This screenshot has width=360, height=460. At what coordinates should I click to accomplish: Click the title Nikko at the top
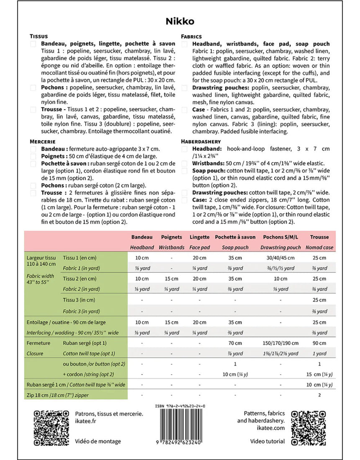tap(180, 21)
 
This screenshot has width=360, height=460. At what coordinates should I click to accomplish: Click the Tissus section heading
tap(39, 36)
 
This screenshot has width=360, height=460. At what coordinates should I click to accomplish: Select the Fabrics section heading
tap(191, 36)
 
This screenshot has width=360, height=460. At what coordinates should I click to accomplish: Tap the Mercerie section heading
tap(43, 142)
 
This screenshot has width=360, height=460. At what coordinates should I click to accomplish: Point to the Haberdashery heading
tap(201, 142)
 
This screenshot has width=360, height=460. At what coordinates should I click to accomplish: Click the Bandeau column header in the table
tap(142, 237)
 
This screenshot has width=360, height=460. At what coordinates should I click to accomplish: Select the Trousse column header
tap(319, 237)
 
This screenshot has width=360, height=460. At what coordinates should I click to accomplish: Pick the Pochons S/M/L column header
tap(280, 237)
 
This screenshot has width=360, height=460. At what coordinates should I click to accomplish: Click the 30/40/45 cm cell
tap(280, 258)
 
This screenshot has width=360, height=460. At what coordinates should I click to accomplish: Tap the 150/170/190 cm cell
tap(280, 343)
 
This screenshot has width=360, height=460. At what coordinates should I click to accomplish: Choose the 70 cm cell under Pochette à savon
tap(235, 343)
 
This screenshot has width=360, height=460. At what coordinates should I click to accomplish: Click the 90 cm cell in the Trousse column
tap(319, 343)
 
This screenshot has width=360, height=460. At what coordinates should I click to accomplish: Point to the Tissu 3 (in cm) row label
tap(79, 300)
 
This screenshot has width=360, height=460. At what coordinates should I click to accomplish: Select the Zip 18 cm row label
tap(58, 395)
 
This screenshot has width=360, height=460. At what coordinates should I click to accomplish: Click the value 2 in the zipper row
tap(319, 395)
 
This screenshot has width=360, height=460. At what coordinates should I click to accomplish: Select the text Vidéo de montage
tap(98, 441)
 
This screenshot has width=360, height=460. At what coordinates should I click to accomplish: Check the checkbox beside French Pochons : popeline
tap(33, 88)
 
